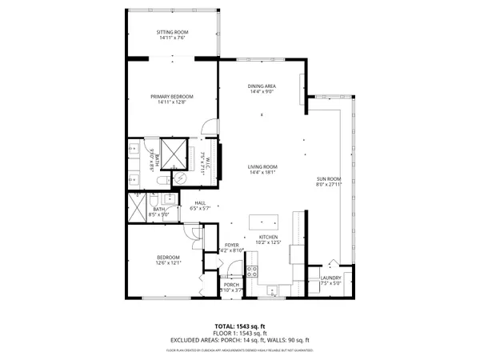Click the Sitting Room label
click(172, 32)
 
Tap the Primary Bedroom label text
click(172, 96)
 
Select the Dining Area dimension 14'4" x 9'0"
click(263, 92)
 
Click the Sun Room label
click(329, 178)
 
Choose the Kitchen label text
click(267, 238)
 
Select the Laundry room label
click(330, 278)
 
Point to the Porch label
click(231, 285)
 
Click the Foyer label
click(231, 246)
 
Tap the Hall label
click(200, 203)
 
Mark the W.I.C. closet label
click(205, 160)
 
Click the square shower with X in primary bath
click(173, 151)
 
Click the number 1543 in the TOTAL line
click(246, 326)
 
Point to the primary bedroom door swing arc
click(207, 126)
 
